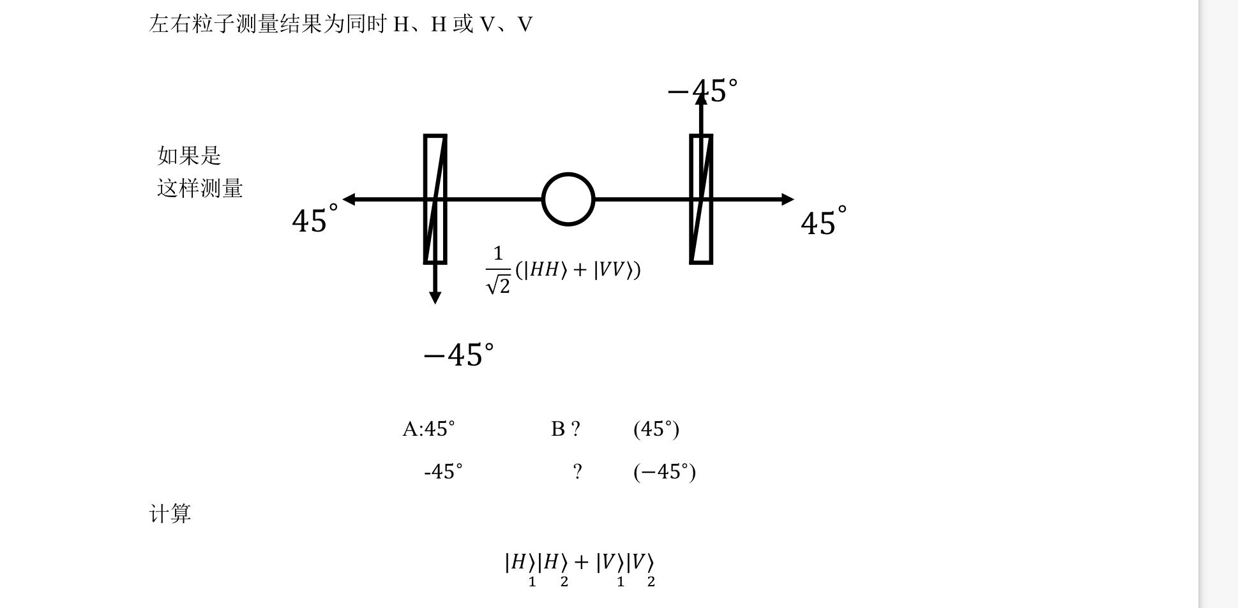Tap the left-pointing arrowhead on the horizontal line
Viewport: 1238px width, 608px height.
(349, 200)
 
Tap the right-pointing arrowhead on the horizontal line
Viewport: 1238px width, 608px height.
(788, 200)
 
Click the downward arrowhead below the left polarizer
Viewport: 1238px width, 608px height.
(435, 298)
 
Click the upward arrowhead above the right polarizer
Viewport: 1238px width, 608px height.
(701, 98)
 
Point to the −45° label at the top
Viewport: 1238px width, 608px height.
(702, 91)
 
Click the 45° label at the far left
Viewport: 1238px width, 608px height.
(315, 219)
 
